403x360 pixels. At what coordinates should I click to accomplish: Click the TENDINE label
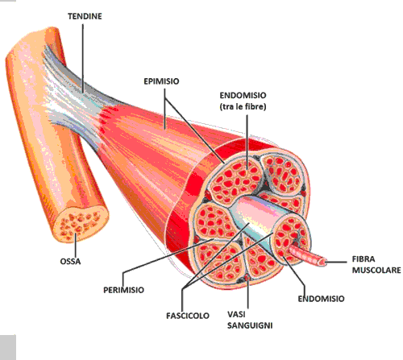click(85, 16)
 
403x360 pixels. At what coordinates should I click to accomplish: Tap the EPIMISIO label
click(161, 81)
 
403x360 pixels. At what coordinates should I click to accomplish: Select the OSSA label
click(70, 262)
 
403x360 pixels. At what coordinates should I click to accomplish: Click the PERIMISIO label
click(123, 290)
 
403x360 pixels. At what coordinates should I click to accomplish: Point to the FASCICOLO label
click(188, 316)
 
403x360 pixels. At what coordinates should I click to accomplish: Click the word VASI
click(236, 314)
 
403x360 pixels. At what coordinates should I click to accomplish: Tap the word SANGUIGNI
click(250, 325)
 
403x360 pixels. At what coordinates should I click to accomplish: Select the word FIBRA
click(364, 259)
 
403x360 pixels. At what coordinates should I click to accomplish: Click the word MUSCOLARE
click(376, 270)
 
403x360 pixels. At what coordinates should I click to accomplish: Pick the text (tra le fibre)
click(243, 107)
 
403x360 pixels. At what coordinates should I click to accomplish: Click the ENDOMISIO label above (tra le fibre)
click(243, 95)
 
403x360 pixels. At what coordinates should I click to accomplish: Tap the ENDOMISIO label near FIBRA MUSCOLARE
click(321, 299)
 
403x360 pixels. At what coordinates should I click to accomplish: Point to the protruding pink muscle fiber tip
click(322, 262)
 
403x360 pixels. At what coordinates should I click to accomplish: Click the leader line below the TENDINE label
click(83, 59)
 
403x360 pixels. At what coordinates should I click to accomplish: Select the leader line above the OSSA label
click(75, 245)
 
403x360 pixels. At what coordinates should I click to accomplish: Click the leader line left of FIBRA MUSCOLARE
click(337, 262)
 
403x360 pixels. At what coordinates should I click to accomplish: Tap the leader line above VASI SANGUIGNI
click(247, 293)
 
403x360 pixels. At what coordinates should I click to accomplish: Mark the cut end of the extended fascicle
click(291, 236)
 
